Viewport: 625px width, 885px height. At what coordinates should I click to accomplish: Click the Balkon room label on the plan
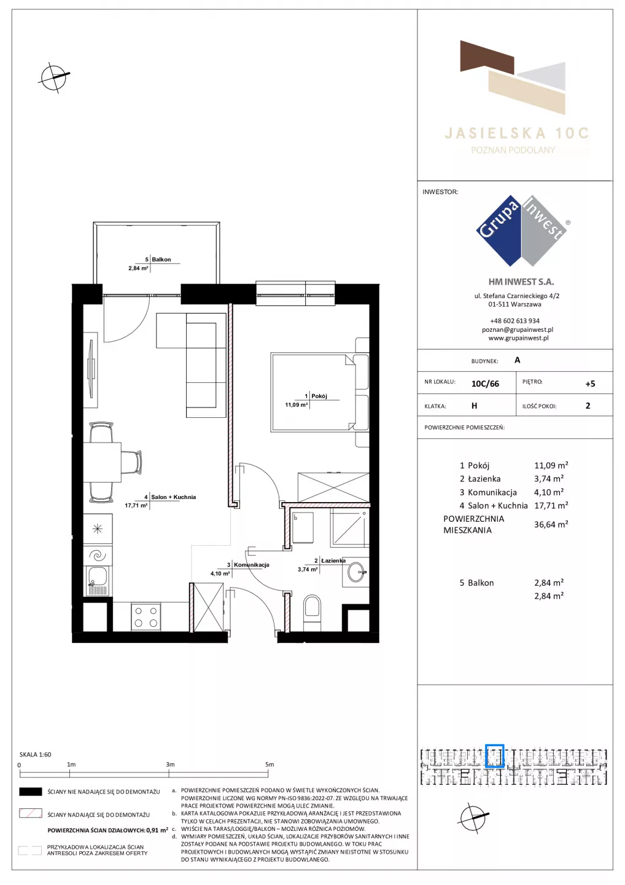point(161,259)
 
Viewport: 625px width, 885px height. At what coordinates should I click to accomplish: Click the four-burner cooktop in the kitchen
point(146,617)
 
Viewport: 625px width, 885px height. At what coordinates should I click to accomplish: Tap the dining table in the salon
point(102,462)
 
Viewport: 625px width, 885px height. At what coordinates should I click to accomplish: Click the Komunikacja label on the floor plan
point(251,565)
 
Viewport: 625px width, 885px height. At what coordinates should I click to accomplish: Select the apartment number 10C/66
point(485,383)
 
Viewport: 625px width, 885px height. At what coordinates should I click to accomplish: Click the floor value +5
point(590,383)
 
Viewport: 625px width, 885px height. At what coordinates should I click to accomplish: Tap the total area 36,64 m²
point(551,524)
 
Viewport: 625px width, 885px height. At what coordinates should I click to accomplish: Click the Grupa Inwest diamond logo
point(522,230)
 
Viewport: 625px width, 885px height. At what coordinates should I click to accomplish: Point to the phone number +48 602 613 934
point(514,321)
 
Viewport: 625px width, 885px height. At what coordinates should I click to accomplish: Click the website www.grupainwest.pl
point(518,338)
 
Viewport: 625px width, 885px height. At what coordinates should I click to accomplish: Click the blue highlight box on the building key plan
point(494,756)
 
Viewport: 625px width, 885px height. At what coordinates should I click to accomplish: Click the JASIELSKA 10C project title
point(516,133)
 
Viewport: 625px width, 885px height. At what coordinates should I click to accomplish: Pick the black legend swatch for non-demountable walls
point(30,792)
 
